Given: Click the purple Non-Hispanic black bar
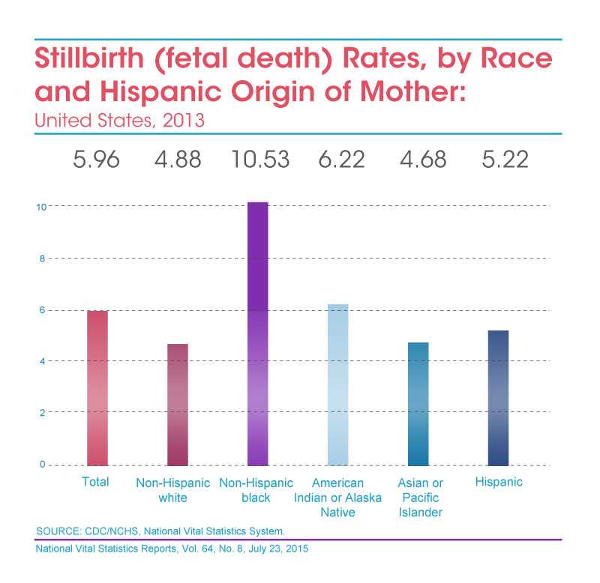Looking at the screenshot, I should pyautogui.click(x=257, y=333).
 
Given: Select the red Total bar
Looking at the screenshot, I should pyautogui.click(x=97, y=387).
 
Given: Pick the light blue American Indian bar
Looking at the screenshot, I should pyautogui.click(x=337, y=384).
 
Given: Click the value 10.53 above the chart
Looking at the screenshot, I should pyautogui.click(x=258, y=160).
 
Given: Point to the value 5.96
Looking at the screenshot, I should pyautogui.click(x=97, y=160).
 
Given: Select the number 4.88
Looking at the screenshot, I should pyautogui.click(x=177, y=160).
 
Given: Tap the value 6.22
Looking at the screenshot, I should pyautogui.click(x=338, y=160).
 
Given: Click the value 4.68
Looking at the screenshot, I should pyautogui.click(x=418, y=160).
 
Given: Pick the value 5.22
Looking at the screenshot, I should pyautogui.click(x=499, y=160).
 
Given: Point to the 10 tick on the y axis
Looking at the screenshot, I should pyautogui.click(x=41, y=206).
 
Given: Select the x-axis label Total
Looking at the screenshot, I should pyautogui.click(x=96, y=482).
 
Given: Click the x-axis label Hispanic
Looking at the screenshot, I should pyautogui.click(x=499, y=482).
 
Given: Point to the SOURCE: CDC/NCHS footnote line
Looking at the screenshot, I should pyautogui.click(x=160, y=531).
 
